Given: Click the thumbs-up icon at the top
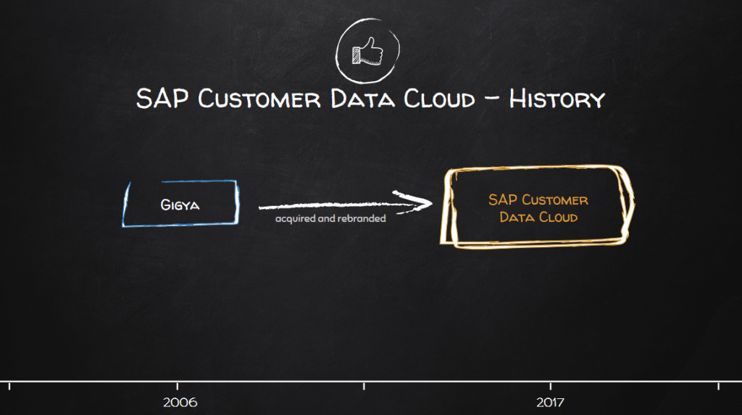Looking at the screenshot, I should coord(367,51).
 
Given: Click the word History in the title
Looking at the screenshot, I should coord(556,99).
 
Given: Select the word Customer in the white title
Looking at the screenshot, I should coord(259,99).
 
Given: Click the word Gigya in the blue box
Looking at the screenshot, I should coord(180,205).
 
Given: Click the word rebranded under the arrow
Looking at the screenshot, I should coord(361,218).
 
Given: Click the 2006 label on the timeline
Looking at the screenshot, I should coord(180,402).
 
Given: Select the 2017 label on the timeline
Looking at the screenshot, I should coord(550,402).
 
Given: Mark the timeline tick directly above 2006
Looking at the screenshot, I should coord(178,384).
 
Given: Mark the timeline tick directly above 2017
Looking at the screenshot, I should coord(551,384).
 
